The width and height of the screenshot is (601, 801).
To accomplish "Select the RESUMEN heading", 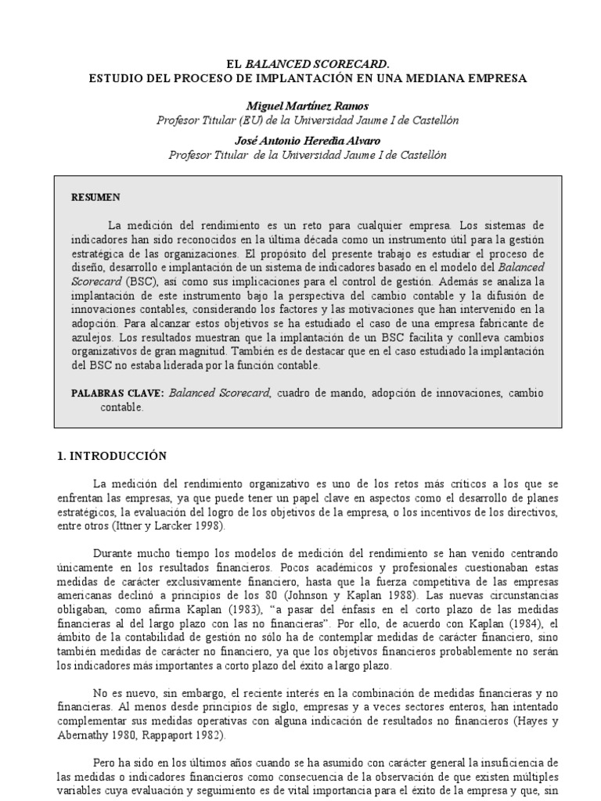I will pyautogui.click(x=97, y=197).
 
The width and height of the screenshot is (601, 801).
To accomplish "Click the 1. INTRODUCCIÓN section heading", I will pyautogui.click(x=113, y=455).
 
